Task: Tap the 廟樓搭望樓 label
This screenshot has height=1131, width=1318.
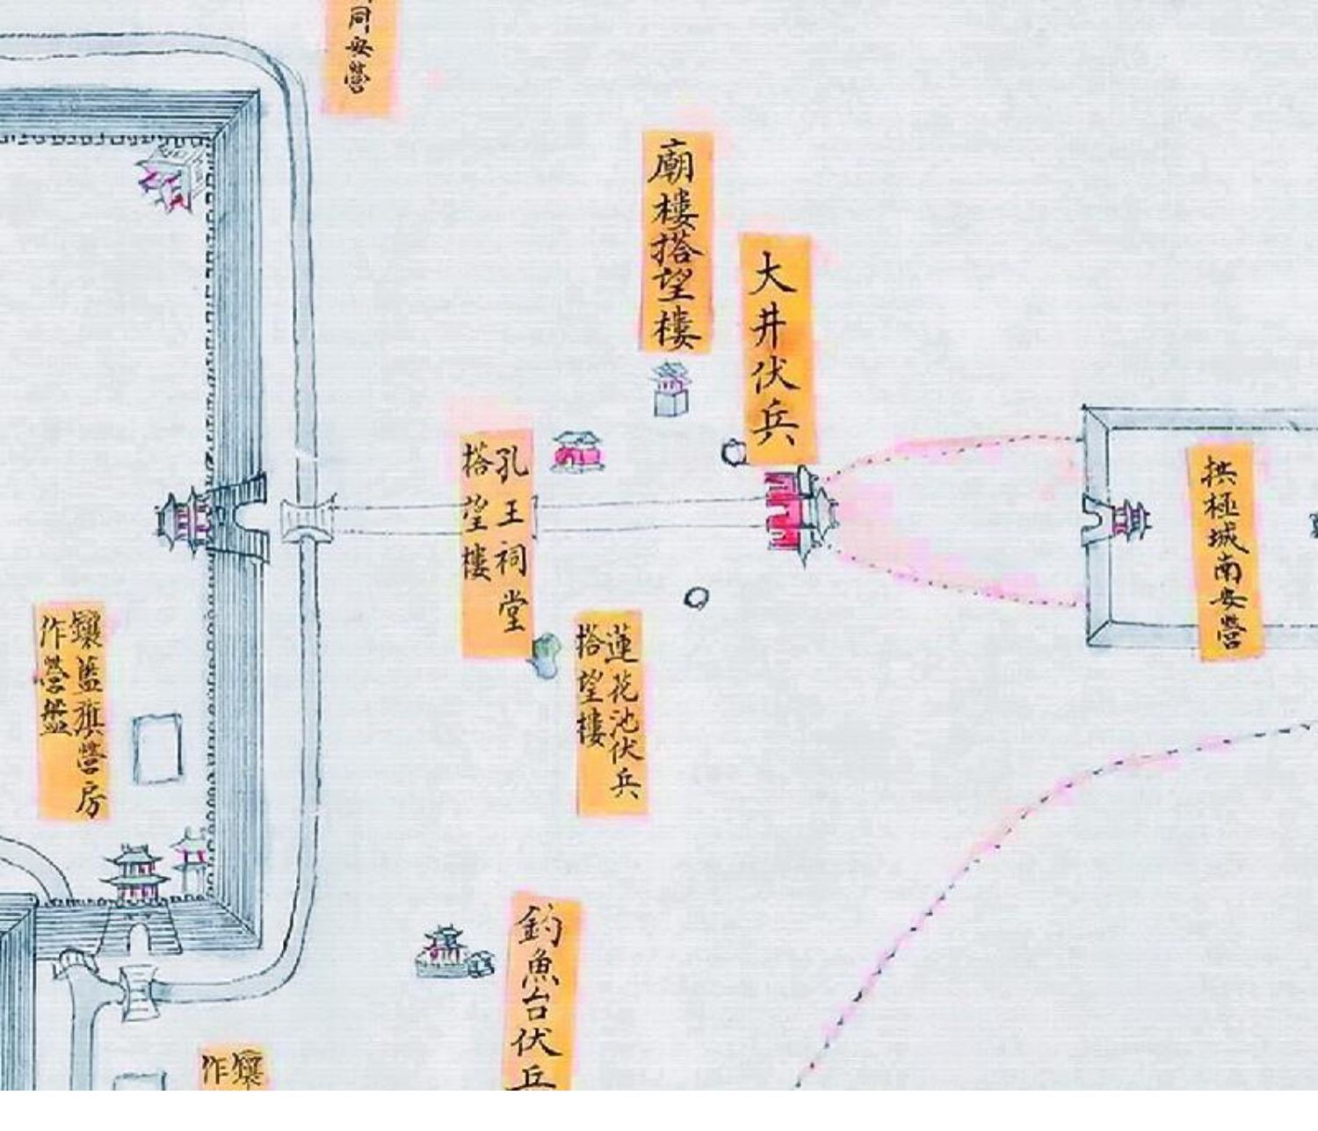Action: coord(677,242)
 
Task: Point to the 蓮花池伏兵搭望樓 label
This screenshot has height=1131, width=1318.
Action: coord(610,714)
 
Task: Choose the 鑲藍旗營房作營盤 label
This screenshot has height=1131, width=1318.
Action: coord(73,710)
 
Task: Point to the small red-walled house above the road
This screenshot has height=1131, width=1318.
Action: coord(577,452)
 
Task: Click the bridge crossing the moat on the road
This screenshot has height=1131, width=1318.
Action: coord(308,522)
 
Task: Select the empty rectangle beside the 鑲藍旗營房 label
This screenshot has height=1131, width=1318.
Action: coord(158,748)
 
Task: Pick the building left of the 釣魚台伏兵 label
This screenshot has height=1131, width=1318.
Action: coord(447,952)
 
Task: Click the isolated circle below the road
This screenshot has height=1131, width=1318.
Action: coord(697,598)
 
